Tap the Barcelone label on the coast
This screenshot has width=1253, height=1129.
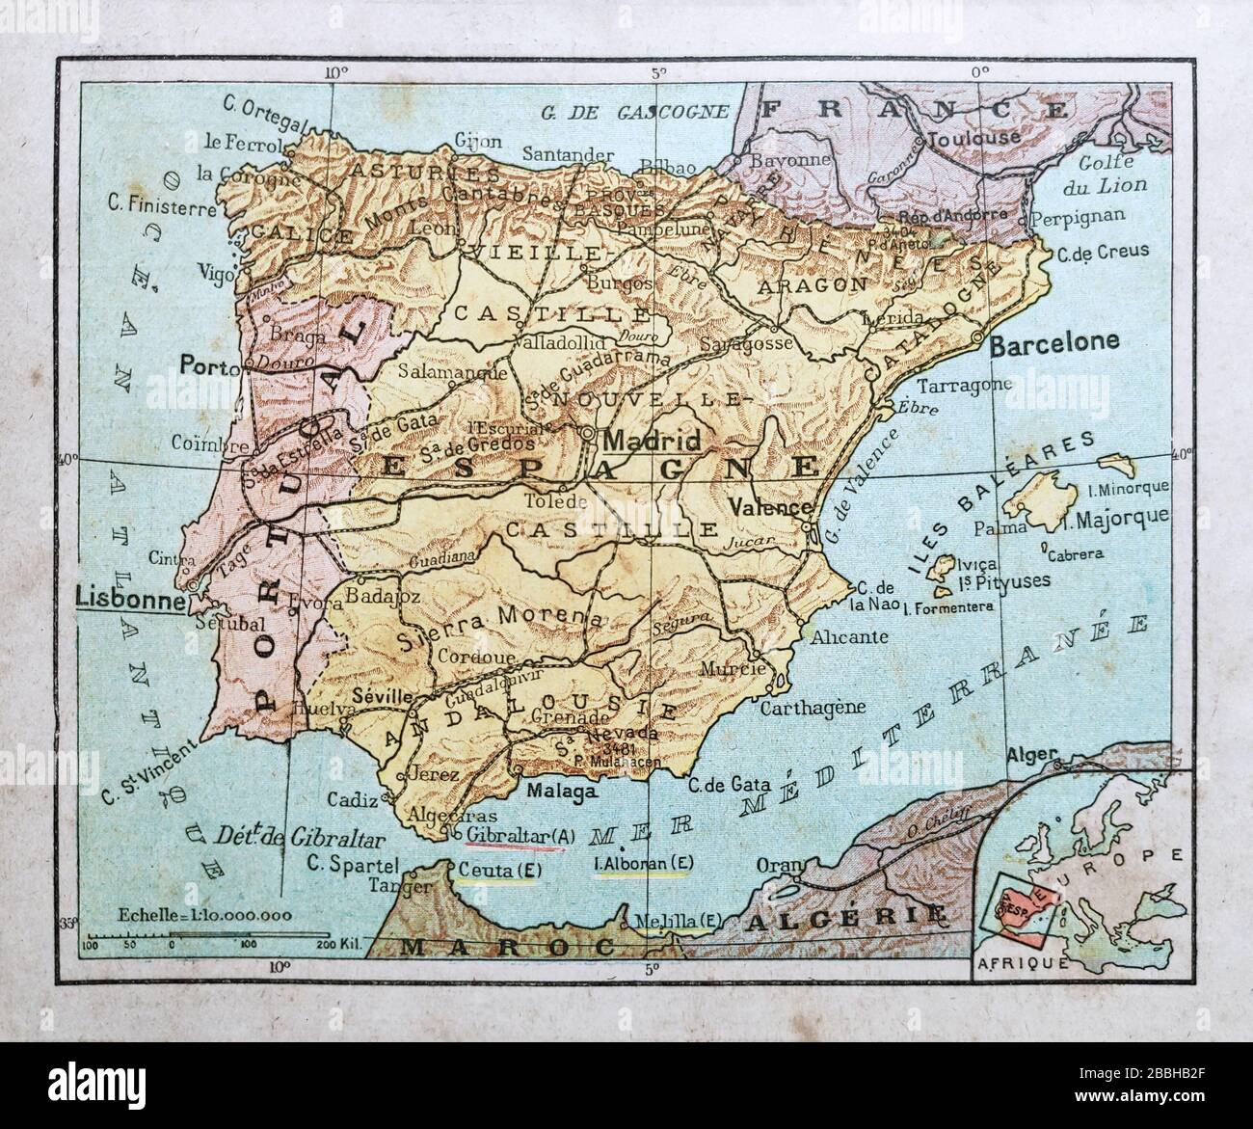point(1055,341)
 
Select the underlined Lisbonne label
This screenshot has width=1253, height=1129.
point(130,600)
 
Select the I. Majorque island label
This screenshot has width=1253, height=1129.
point(1123,516)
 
